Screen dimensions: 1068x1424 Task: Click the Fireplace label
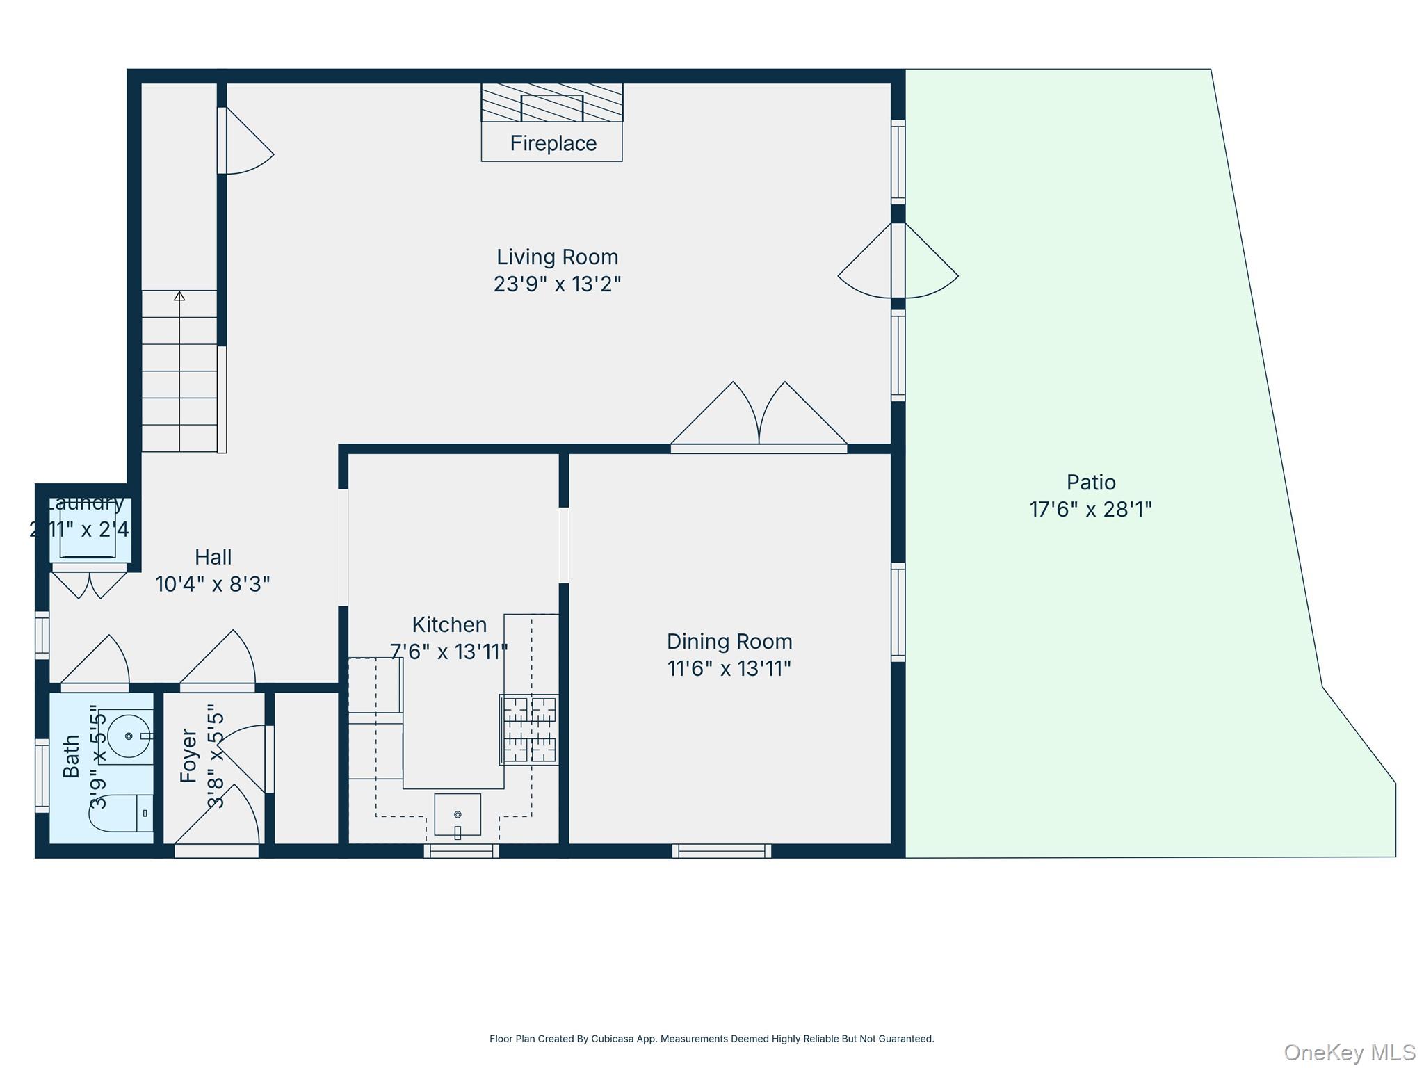coord(553,143)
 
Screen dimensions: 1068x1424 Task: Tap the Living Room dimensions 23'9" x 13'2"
coord(557,284)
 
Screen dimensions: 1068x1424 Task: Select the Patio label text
coord(1091,482)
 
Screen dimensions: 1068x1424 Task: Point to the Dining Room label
coord(729,641)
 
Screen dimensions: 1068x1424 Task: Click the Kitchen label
coord(449,624)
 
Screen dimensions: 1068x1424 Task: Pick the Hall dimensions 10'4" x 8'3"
coord(213,584)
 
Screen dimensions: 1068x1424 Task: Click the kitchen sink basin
coord(458,814)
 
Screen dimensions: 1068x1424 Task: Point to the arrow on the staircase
coord(179,297)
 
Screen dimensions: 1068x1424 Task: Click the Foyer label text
coord(188,755)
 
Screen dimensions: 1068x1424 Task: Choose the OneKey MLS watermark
coord(1349,1052)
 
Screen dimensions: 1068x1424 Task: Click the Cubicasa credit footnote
coord(711,1039)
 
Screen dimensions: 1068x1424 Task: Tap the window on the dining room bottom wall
coord(721,850)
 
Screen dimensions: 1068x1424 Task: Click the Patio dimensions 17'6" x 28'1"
coord(1090,510)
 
